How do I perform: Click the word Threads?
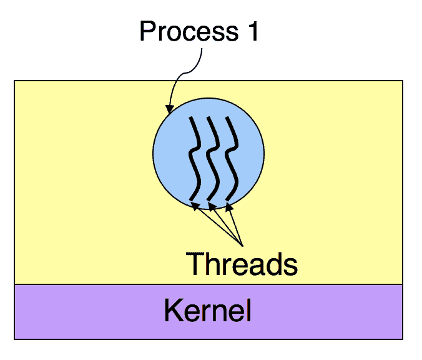tap(242, 264)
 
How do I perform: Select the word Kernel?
tap(207, 310)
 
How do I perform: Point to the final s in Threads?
tap(290, 265)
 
